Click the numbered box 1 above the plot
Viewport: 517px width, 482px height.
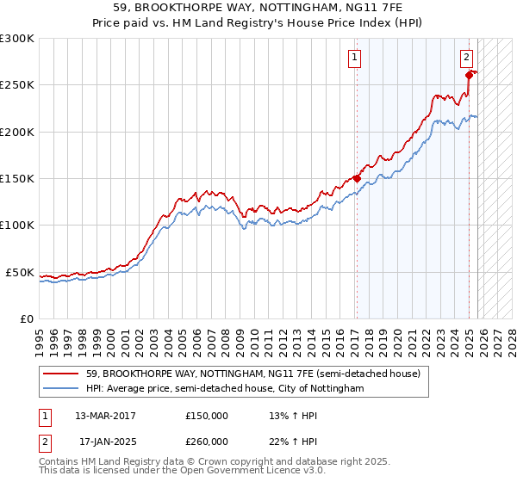point(355,58)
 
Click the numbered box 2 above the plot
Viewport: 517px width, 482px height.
point(466,58)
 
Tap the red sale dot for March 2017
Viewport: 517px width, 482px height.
point(357,179)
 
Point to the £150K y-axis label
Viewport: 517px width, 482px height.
point(17,179)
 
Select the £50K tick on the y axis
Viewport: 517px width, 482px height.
point(21,272)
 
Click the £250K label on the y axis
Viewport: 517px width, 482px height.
point(17,85)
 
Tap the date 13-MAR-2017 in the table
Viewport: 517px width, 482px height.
point(105,416)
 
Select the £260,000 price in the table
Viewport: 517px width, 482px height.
point(207,442)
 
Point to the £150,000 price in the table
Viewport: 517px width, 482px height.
point(207,416)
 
